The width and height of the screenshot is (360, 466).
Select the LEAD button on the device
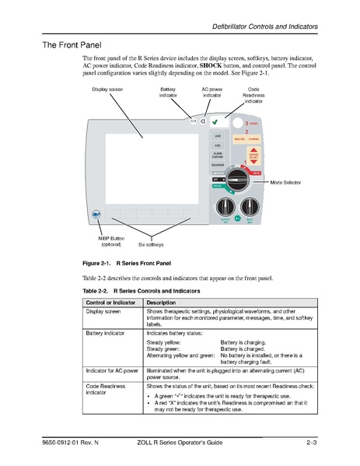point(218,135)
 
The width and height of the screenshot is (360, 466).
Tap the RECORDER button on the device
point(218,165)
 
